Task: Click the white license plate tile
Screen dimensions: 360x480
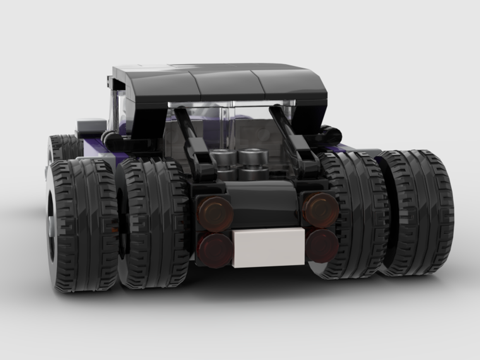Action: pyautogui.click(x=269, y=247)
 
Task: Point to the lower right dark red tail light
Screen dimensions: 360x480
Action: pyautogui.click(x=322, y=245)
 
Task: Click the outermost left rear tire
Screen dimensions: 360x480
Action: pyautogui.click(x=82, y=226)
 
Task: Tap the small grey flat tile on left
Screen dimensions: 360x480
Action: pyautogui.click(x=91, y=126)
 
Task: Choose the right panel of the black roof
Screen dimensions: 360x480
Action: pyautogui.click(x=293, y=84)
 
